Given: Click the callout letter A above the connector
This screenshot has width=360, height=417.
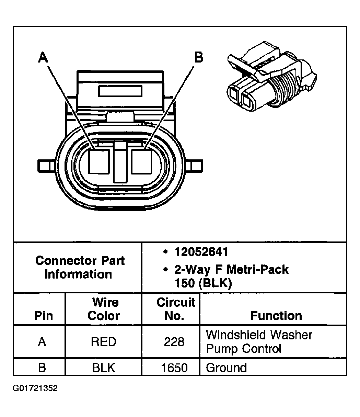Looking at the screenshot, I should [x=43, y=57].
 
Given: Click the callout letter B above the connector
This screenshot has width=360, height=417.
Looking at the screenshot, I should [x=198, y=57].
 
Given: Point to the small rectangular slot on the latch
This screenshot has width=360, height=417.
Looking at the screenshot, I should [x=120, y=91].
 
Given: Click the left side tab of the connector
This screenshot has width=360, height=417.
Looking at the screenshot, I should [x=44, y=166].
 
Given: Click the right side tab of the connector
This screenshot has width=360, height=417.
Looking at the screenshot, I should [x=196, y=166].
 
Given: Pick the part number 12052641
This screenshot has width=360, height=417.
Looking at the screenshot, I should [x=201, y=252].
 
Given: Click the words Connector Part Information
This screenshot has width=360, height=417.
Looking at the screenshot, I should [x=80, y=267].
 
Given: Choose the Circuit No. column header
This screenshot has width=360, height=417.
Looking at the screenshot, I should [x=176, y=309].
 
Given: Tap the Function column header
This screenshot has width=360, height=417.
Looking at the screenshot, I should [x=276, y=315].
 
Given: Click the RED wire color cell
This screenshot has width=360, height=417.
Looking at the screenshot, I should [x=104, y=341].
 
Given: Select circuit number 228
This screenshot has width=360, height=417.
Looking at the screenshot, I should [x=174, y=342].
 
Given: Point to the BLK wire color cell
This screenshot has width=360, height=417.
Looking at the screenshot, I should [x=104, y=368].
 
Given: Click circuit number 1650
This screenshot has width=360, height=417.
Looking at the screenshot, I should [x=174, y=368].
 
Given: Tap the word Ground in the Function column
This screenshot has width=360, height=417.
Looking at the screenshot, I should [x=226, y=368].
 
